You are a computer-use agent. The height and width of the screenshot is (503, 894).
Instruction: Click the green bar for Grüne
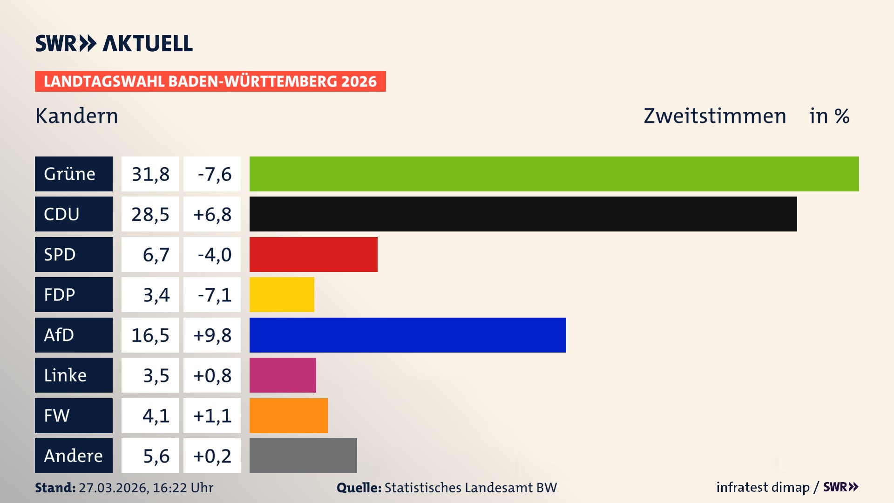point(554,174)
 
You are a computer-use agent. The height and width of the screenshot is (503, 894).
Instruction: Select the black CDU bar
point(523,214)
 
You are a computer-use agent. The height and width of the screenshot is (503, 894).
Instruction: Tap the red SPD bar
point(313,254)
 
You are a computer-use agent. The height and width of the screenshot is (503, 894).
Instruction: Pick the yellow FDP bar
point(282,294)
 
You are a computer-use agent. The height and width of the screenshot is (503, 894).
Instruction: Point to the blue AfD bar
point(407,335)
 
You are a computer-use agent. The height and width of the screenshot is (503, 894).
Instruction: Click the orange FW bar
point(288,415)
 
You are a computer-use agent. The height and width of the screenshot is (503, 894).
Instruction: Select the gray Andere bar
point(303,455)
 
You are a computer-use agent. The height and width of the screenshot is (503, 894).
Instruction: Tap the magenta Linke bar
point(283,375)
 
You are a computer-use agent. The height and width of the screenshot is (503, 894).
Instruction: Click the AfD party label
point(74,335)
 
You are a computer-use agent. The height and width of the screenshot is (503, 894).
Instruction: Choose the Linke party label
point(74,375)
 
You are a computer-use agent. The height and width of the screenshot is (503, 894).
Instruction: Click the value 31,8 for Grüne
point(150,174)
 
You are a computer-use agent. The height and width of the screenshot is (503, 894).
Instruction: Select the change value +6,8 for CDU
point(212,214)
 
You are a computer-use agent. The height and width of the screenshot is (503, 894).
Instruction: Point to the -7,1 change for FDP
point(212,294)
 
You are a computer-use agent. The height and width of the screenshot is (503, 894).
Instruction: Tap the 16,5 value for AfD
point(150,335)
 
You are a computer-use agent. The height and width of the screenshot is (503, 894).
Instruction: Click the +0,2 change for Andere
point(212,455)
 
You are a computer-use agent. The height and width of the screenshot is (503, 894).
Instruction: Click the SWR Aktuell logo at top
point(114,43)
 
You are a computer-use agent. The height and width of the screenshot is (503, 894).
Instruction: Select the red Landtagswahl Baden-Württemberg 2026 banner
point(210,81)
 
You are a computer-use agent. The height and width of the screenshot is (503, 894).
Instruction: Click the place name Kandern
point(77,116)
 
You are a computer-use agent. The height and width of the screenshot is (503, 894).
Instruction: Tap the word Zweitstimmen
point(715,116)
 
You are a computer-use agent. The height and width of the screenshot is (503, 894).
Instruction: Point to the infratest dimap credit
point(763,487)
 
